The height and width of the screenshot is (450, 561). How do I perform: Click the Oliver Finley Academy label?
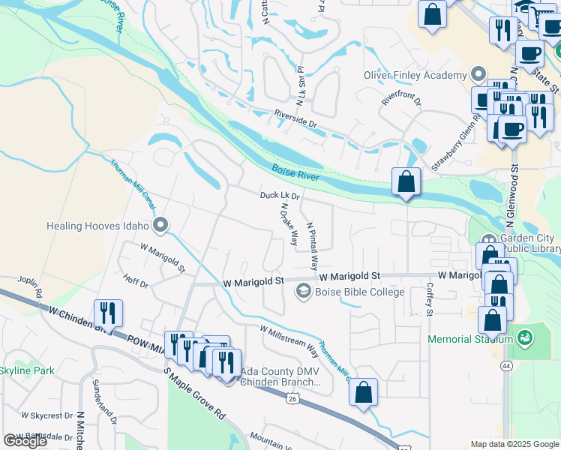414,75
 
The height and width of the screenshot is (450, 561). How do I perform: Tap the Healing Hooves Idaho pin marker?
160,225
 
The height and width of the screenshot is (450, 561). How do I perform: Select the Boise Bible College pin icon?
304,292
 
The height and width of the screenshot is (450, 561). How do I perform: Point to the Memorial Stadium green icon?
524,339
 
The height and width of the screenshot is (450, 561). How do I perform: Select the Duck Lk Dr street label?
280,196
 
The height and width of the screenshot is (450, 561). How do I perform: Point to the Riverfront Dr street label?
401,100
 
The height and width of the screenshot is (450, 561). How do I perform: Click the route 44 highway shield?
507,365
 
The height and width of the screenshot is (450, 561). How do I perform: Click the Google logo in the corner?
26,441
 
